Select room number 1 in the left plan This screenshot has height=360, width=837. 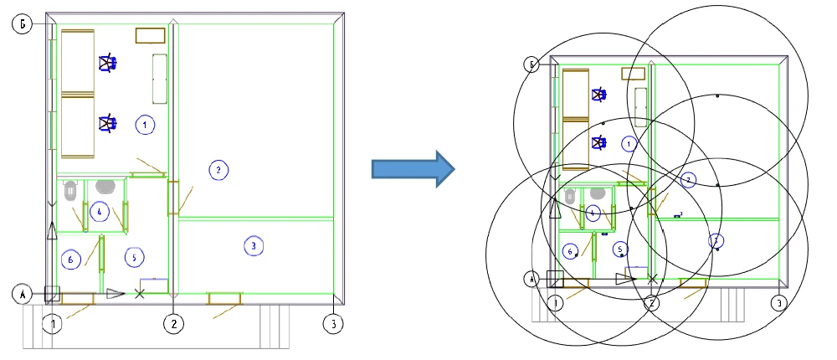pyautogui.click(x=145, y=125)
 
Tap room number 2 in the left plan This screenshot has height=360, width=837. pyautogui.click(x=218, y=170)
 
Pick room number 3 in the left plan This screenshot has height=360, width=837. pyautogui.click(x=253, y=245)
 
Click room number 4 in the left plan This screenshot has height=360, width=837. pyautogui.click(x=99, y=212)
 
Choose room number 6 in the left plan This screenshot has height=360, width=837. pyautogui.click(x=71, y=260)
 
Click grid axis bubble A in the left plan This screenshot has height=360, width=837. pyautogui.click(x=23, y=294)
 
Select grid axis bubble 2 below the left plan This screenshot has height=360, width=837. pyautogui.click(x=173, y=323)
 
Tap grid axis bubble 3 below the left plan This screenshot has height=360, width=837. pyautogui.click(x=332, y=323)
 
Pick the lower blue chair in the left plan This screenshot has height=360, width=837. pyautogui.click(x=107, y=124)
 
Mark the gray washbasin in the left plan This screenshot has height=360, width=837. pyautogui.click(x=105, y=186)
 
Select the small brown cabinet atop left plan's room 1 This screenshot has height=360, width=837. pyautogui.click(x=151, y=34)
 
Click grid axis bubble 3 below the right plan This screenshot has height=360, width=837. pyautogui.click(x=778, y=302)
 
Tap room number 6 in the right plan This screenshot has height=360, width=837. pyautogui.click(x=571, y=250)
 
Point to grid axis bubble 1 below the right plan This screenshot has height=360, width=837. pyautogui.click(x=556, y=302)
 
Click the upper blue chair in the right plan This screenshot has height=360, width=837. pyautogui.click(x=599, y=95)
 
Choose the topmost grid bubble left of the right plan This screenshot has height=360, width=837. pyautogui.click(x=530, y=64)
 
